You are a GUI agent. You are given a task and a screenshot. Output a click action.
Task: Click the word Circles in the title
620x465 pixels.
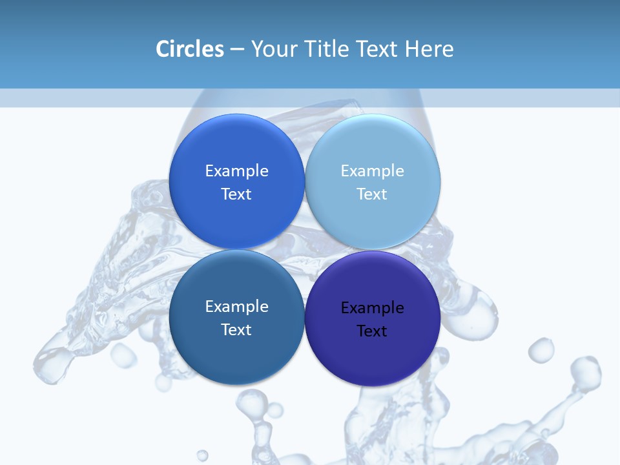[x=190, y=49]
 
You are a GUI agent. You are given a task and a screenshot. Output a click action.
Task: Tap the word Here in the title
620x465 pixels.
[x=429, y=49]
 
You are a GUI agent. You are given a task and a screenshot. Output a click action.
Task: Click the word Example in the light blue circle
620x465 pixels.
[x=372, y=171]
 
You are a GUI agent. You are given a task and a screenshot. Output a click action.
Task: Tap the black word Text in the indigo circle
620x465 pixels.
[x=372, y=331]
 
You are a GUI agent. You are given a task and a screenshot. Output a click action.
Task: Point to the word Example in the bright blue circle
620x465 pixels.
[x=236, y=171]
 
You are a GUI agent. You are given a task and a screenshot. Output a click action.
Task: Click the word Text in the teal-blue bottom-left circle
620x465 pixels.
[x=236, y=330]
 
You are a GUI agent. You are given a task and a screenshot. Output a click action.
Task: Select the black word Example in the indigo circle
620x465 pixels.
[x=372, y=308]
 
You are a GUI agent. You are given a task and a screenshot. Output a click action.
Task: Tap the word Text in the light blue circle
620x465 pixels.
[x=372, y=194]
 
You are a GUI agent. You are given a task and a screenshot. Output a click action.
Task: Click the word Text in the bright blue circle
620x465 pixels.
[x=236, y=194]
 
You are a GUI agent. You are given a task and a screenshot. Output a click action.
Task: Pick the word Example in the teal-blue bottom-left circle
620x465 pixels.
[x=236, y=307]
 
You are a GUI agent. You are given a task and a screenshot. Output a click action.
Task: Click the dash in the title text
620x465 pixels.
[x=237, y=50]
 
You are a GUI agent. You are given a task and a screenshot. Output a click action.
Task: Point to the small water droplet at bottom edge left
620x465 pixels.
[x=202, y=455]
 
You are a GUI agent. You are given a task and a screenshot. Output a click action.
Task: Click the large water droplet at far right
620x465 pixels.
[x=586, y=372]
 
